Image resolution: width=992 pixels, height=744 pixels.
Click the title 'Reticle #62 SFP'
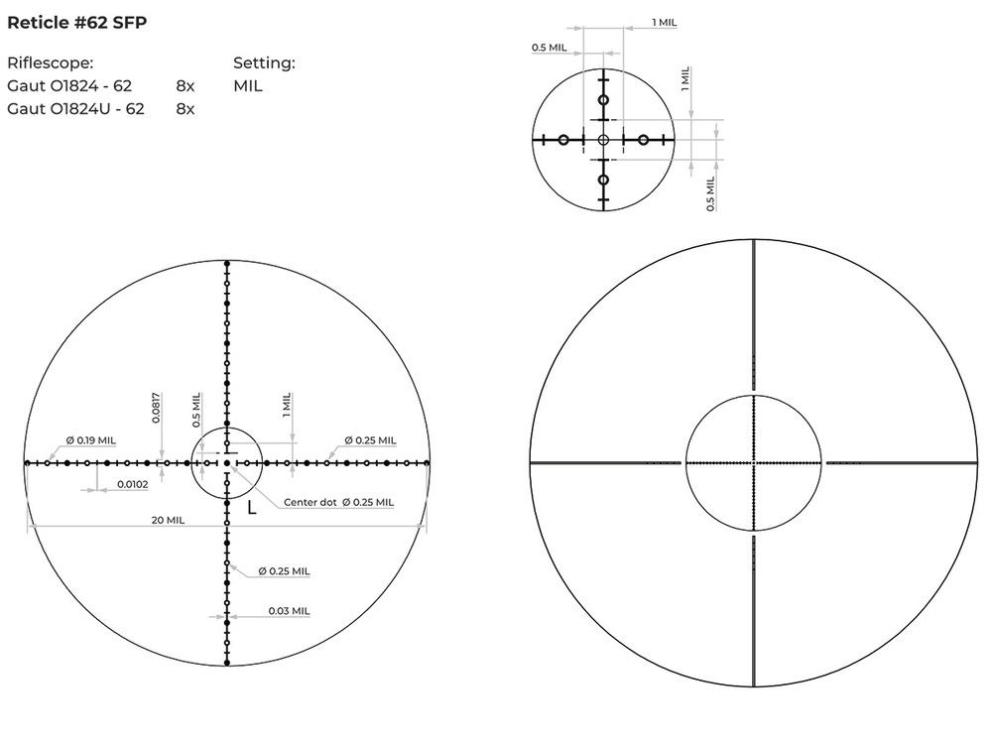tap(76, 22)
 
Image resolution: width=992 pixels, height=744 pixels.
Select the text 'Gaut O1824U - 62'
tap(75, 109)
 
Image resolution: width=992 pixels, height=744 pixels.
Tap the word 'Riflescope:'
tap(50, 63)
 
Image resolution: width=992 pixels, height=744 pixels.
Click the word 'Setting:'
tap(264, 63)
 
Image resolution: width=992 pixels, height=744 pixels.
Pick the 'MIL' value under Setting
tap(248, 86)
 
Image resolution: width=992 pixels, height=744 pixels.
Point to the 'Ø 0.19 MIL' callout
tap(90, 440)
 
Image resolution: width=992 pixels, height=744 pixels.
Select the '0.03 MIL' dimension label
tap(289, 611)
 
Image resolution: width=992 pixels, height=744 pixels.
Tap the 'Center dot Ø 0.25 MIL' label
tap(338, 503)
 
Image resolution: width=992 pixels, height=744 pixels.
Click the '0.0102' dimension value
tap(133, 484)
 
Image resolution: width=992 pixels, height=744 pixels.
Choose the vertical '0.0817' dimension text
tap(157, 408)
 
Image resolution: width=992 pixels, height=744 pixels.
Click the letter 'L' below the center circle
tap(252, 507)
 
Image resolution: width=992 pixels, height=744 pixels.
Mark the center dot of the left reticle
tap(227, 462)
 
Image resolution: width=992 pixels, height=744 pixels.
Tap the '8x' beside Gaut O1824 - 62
tap(186, 86)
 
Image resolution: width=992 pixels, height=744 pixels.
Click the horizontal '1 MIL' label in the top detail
tap(666, 22)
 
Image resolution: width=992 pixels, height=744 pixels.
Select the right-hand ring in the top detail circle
tap(643, 140)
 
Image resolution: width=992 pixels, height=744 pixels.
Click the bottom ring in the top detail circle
tap(603, 180)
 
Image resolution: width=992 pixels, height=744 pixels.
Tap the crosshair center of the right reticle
tap(754, 462)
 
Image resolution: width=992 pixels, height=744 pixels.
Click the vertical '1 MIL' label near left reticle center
tap(287, 404)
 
